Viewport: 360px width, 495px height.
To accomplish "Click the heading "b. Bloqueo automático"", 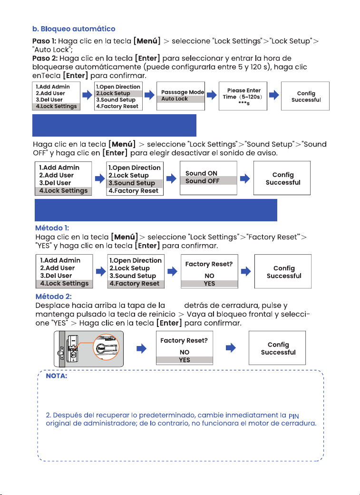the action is pos(74,29).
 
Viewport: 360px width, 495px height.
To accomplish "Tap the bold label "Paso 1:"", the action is pos(44,41).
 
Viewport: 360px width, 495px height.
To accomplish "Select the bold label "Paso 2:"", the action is pos(45,59).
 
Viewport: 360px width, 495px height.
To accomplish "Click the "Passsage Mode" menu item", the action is pos(183,92).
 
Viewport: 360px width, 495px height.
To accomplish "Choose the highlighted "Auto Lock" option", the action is pos(175,99).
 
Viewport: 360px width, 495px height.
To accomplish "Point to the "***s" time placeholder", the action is pos(244,104).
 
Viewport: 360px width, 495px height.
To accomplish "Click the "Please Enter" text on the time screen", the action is pos(244,90).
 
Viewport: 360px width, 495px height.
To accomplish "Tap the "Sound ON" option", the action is pos(201,173).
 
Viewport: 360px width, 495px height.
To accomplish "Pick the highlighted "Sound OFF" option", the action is pos(202,181).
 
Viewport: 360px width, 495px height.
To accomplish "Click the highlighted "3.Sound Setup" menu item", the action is pos(132,183).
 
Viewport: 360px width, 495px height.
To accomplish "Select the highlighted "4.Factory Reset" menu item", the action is pos(134,284).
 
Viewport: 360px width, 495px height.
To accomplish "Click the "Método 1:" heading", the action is pos(52,228).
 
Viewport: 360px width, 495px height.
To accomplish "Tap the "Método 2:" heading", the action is pos(53,297).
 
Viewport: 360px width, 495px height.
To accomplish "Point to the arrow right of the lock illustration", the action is pos(141,348).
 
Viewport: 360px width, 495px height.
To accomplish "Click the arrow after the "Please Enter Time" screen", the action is pos(274,95).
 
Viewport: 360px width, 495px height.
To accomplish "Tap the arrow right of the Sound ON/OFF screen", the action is pos(245,178).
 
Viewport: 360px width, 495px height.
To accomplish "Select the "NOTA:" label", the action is pos(57,376).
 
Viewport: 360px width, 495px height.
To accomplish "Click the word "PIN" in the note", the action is pos(294,416).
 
